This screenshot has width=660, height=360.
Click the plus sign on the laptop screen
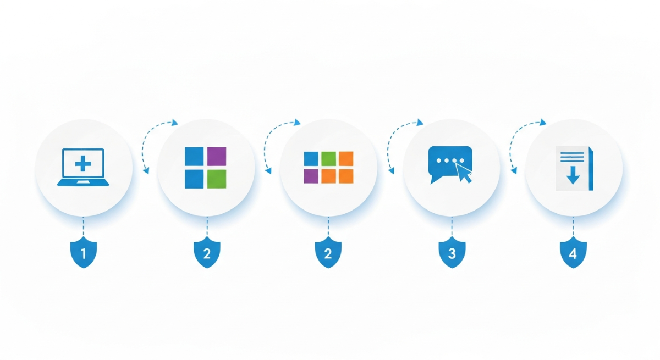click(83, 164)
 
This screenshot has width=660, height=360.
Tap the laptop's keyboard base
click(83, 182)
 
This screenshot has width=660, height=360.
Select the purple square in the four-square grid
click(217, 156)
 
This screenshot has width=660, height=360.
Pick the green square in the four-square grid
click(217, 179)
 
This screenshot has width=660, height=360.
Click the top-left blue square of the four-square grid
click(194, 156)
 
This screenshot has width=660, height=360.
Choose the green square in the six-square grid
click(328, 159)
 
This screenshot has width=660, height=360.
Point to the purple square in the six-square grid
click(311, 176)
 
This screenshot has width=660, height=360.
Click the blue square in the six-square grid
click(311, 159)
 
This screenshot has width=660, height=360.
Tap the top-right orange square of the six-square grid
click(346, 159)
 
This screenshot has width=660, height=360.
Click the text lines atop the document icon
click(572, 157)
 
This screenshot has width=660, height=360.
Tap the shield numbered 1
click(84, 253)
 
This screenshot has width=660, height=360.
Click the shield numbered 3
click(452, 253)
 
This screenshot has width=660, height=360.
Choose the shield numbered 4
click(573, 253)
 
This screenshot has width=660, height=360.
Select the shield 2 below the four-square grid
click(207, 253)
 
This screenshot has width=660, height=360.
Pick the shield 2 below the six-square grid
click(328, 253)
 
